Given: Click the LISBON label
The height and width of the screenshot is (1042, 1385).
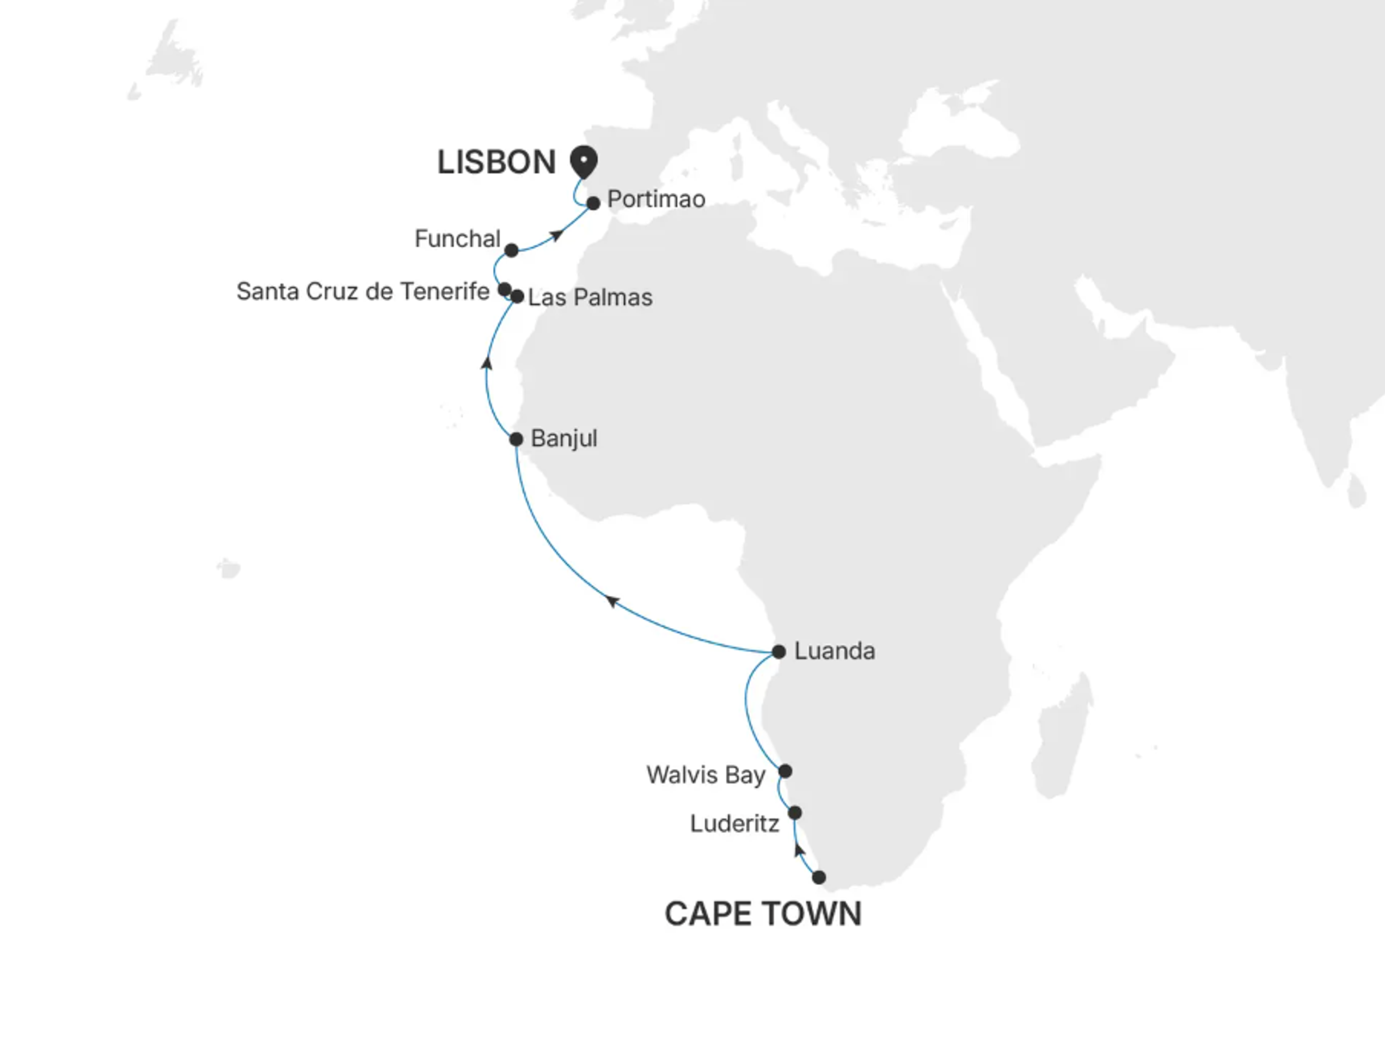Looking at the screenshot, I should click(496, 162).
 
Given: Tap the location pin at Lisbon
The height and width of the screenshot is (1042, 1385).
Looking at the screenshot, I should click(583, 160).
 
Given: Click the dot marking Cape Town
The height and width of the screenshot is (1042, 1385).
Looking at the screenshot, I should click(818, 877).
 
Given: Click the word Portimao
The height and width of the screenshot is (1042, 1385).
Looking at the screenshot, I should click(656, 199).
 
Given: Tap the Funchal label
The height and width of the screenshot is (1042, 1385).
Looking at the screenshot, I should click(457, 238).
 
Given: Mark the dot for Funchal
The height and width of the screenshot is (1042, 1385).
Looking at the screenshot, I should click(511, 250).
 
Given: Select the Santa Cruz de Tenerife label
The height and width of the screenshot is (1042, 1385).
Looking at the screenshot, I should click(362, 291).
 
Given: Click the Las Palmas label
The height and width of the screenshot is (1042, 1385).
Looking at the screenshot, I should click(590, 297).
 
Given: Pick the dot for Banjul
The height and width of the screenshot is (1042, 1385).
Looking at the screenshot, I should click(516, 439).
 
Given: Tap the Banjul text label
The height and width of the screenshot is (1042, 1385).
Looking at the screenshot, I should click(563, 438).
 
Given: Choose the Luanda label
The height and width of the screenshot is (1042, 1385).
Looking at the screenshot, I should click(834, 651).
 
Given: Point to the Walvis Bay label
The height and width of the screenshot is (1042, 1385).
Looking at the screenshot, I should click(705, 775).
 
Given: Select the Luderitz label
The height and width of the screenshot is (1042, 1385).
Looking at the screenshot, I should click(734, 823).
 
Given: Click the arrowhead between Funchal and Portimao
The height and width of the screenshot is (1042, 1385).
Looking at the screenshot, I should click(557, 236).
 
